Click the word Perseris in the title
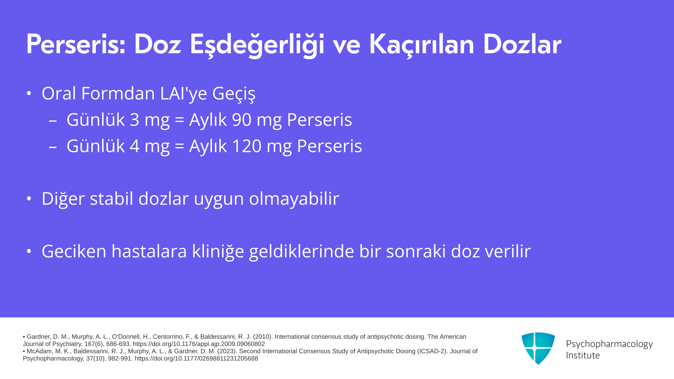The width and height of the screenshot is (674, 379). coord(76,45)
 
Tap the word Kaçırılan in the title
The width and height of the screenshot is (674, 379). coord(422,45)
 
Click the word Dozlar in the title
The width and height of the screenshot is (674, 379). coord(522,45)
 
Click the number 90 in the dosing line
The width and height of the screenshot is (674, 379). coord(242,120)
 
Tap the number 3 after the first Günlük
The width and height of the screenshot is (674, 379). coord(134,120)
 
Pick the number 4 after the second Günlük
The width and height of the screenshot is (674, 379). coord(134,146)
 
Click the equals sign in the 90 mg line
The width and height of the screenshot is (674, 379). coord(179,120)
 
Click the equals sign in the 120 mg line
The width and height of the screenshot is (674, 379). coord(179,146)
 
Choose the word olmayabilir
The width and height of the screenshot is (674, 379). coord(294,199)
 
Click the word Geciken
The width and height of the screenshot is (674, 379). coord(74,251)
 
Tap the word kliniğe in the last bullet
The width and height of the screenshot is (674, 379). coord(218,252)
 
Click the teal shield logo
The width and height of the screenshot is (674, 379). coord(538,348)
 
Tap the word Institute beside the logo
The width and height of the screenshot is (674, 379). coord(583,355)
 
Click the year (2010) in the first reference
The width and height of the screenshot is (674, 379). coord(263,337)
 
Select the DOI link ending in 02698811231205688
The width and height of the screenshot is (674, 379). coord(196,359)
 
